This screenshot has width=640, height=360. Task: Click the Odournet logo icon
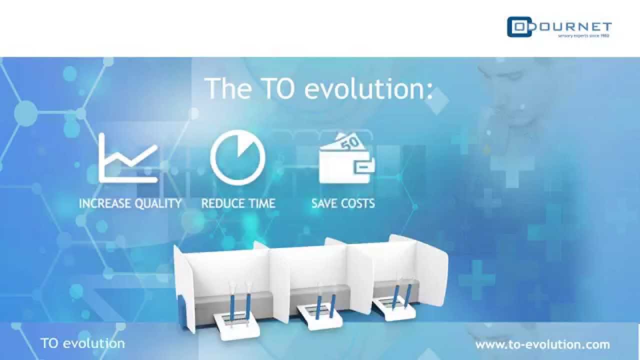[519, 27]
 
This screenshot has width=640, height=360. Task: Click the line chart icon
[128, 157]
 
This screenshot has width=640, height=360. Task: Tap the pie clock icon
[238, 158]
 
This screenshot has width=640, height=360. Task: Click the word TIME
[261, 203]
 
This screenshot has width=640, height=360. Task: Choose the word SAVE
[325, 203]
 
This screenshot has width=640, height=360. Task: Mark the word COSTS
[358, 203]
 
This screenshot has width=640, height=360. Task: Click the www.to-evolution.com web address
[542, 344]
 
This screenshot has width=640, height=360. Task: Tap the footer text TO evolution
[82, 343]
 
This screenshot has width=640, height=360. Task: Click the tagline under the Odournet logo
[584, 36]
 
